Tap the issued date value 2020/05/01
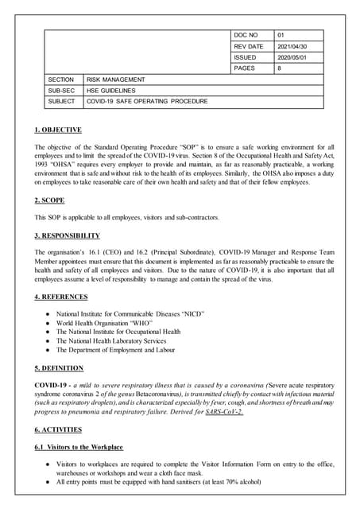click(294, 58)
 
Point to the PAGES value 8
click(280, 69)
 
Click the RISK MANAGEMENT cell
click(116, 80)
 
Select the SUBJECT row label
click(61, 102)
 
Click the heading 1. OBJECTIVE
click(58, 130)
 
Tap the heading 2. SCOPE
click(50, 200)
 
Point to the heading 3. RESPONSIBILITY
click(68, 235)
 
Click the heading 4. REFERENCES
click(61, 297)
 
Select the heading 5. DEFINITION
click(59, 368)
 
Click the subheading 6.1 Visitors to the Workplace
click(79, 447)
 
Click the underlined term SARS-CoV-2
click(223, 412)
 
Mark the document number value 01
click(281, 36)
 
